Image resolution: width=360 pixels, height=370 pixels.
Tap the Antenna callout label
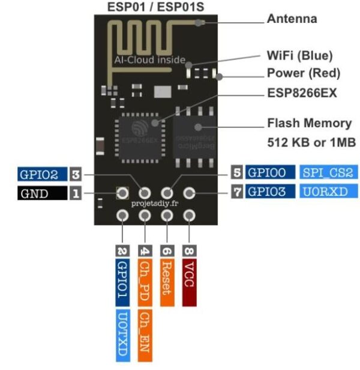(292, 19)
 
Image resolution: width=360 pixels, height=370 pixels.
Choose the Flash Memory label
(308, 123)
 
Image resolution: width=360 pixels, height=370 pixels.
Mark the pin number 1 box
(76, 193)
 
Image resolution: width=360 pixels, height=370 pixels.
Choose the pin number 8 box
(190, 249)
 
